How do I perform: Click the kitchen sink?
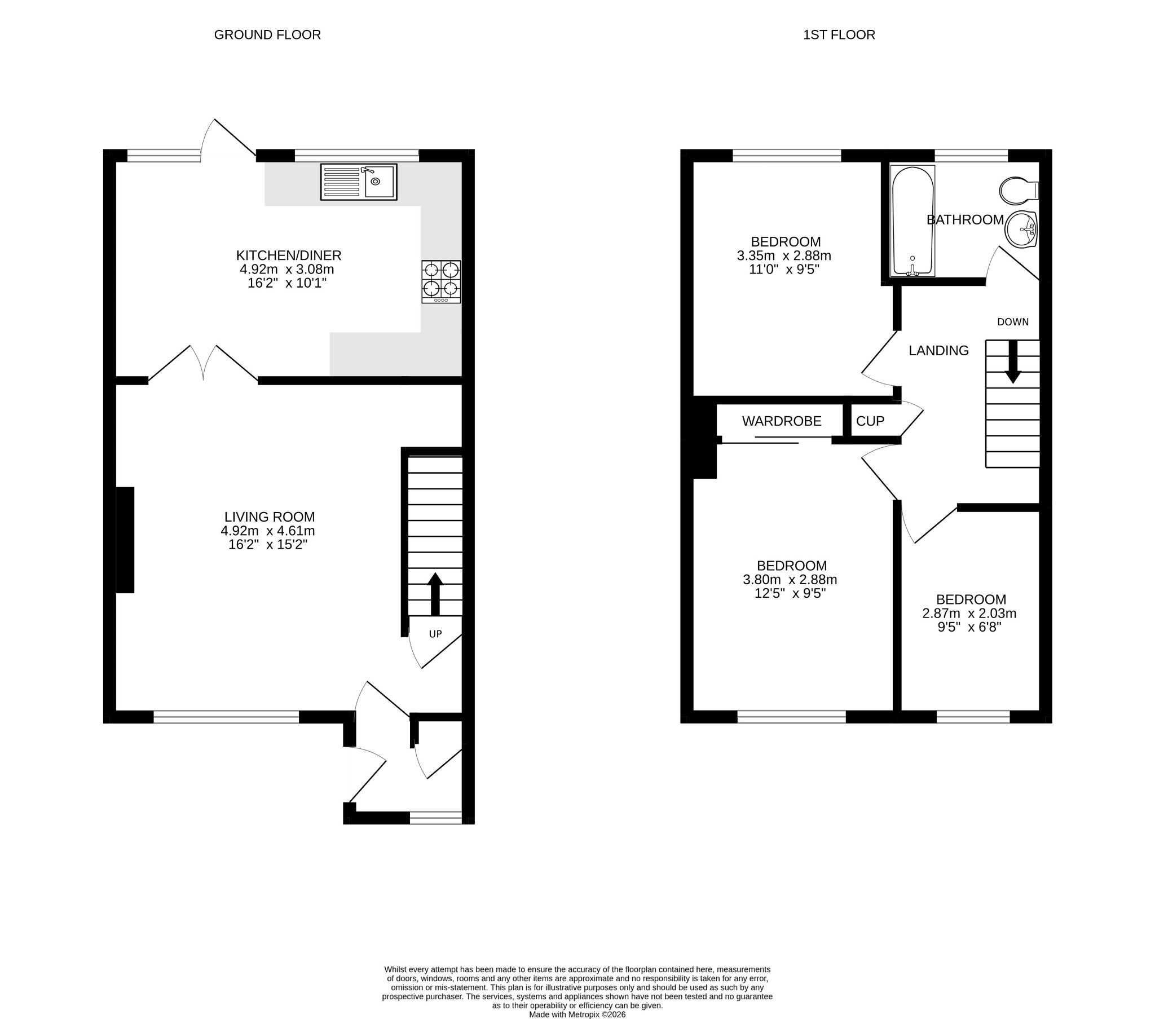[359, 182]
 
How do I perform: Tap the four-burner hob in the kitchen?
[441, 281]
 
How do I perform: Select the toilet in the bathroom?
[1019, 191]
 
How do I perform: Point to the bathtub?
[912, 221]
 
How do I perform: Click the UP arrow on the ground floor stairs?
[435, 594]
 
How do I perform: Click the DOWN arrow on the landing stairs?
[1013, 361]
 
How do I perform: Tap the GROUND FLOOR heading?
[267, 35]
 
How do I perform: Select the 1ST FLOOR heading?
[839, 35]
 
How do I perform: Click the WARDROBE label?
[782, 421]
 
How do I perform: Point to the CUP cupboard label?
[870, 421]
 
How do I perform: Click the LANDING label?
[938, 350]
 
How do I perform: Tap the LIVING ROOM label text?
[270, 517]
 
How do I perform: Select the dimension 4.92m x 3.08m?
[287, 269]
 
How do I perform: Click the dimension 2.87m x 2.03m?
[969, 613]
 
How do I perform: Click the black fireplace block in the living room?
[125, 540]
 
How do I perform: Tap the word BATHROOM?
[965, 220]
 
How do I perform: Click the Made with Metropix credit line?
[577, 1014]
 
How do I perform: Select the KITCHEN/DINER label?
[289, 255]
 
